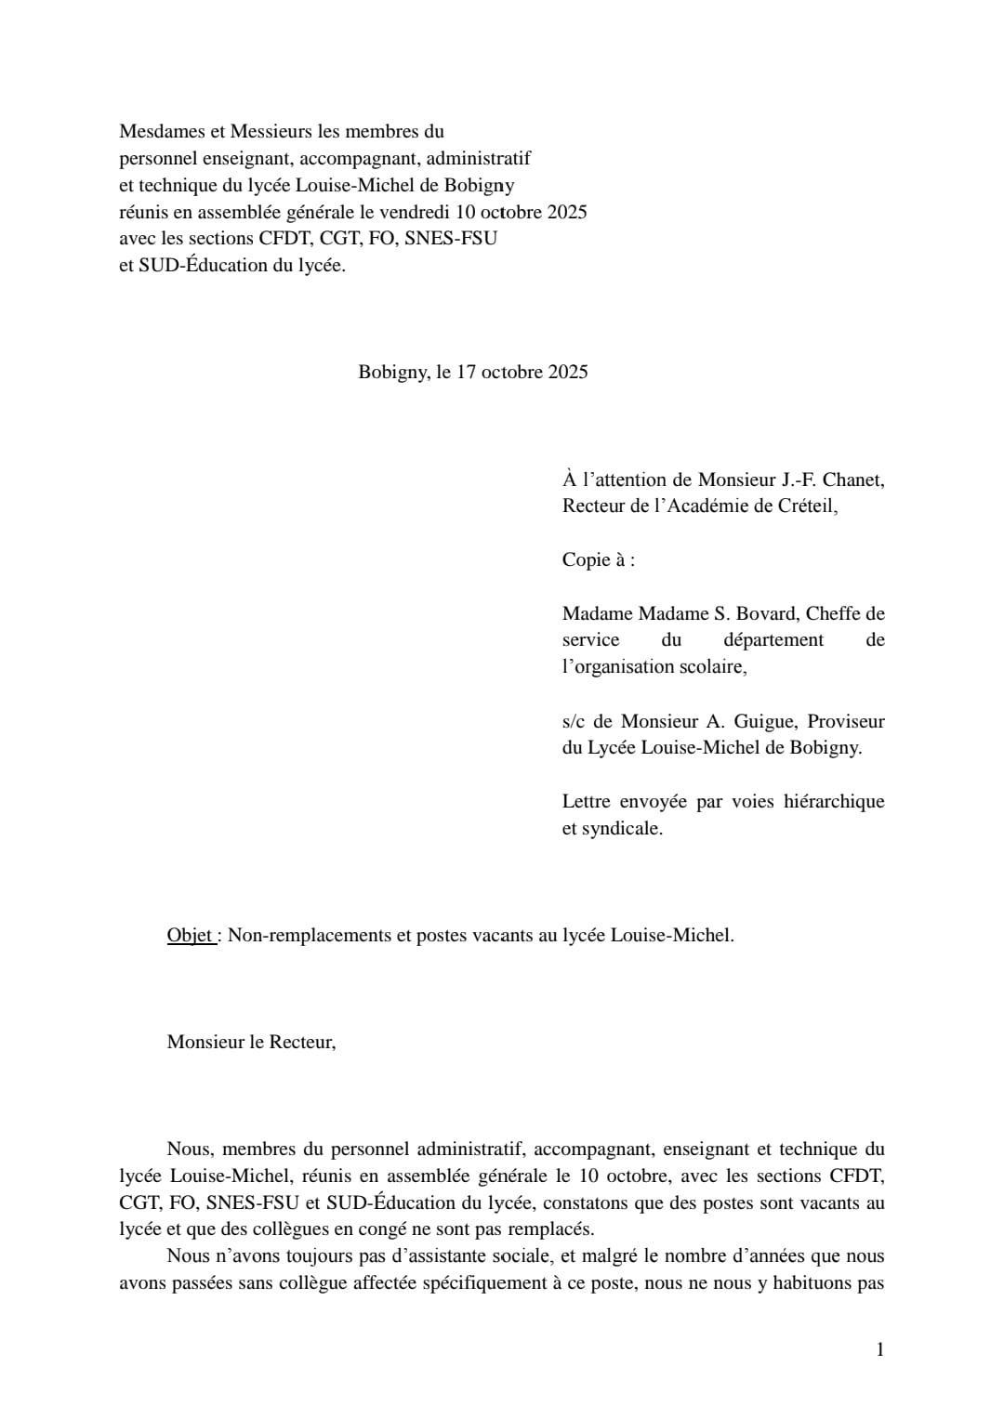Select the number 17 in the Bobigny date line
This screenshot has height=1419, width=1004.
pos(467,372)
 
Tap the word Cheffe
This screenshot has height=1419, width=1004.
pos(832,613)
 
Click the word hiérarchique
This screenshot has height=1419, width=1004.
pos(834,801)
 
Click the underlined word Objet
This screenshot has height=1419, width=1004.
pos(191,935)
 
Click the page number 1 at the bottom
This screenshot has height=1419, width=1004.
pos(879,1349)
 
